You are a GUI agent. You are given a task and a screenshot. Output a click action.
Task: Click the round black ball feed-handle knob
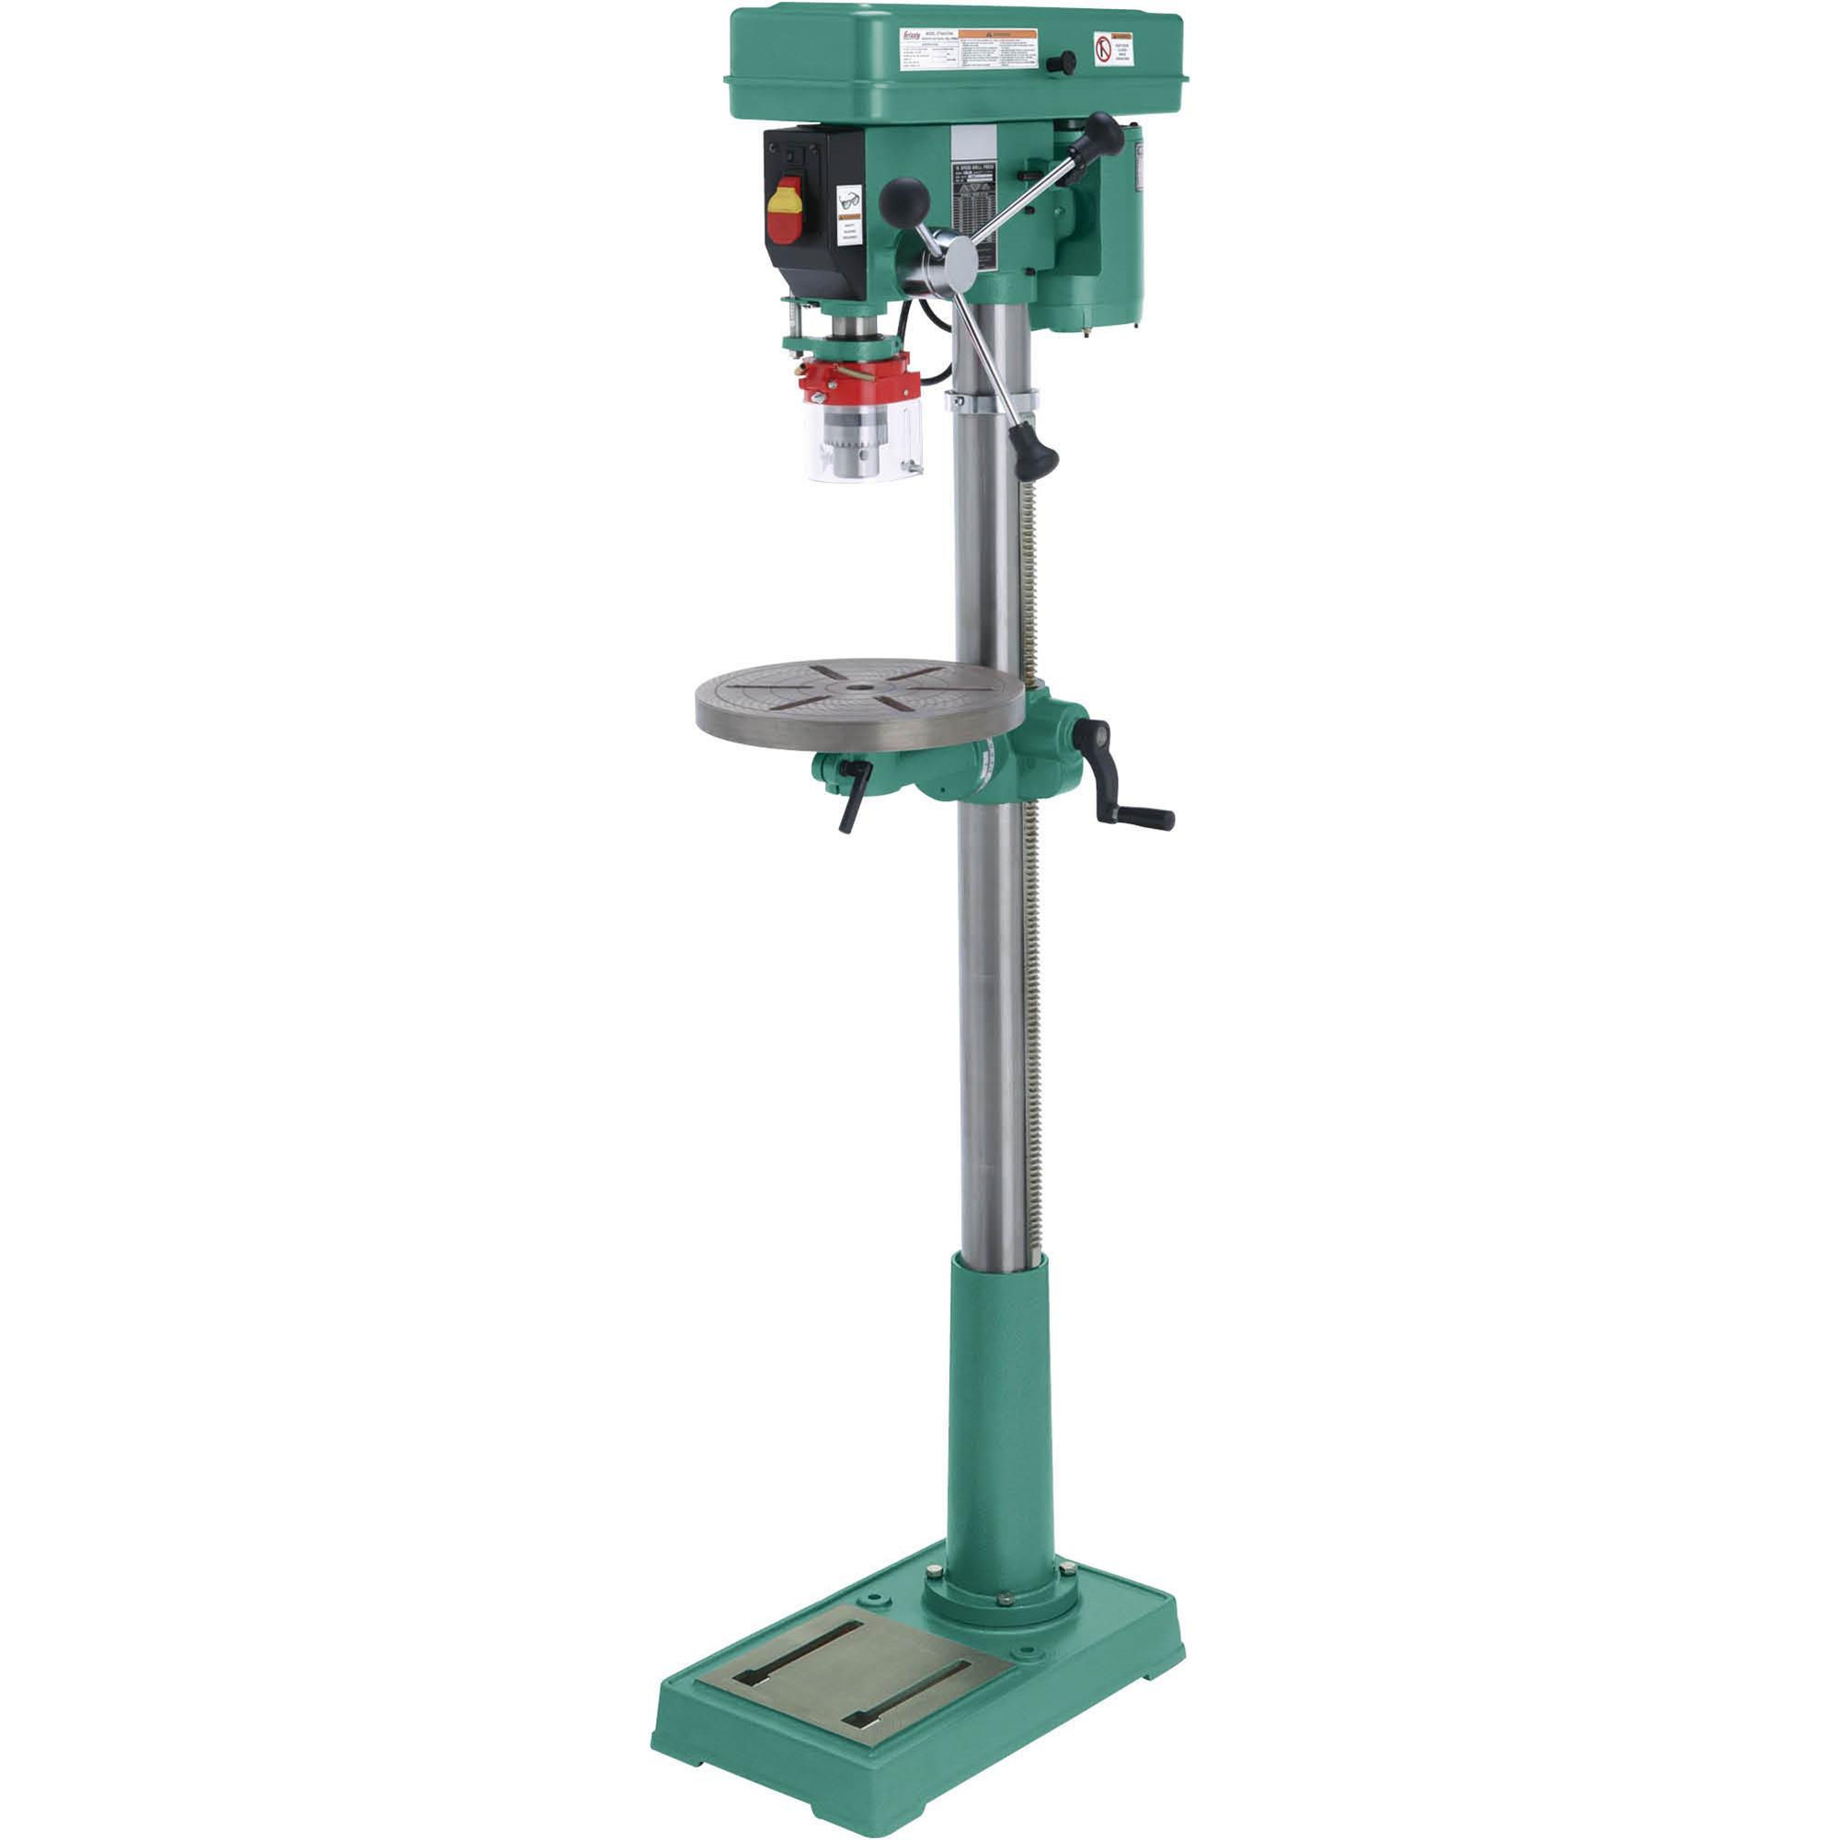pos(903,200)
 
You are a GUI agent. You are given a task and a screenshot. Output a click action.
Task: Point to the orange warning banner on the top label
pos(996,35)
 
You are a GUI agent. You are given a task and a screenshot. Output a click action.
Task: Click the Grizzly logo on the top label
pos(912,37)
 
